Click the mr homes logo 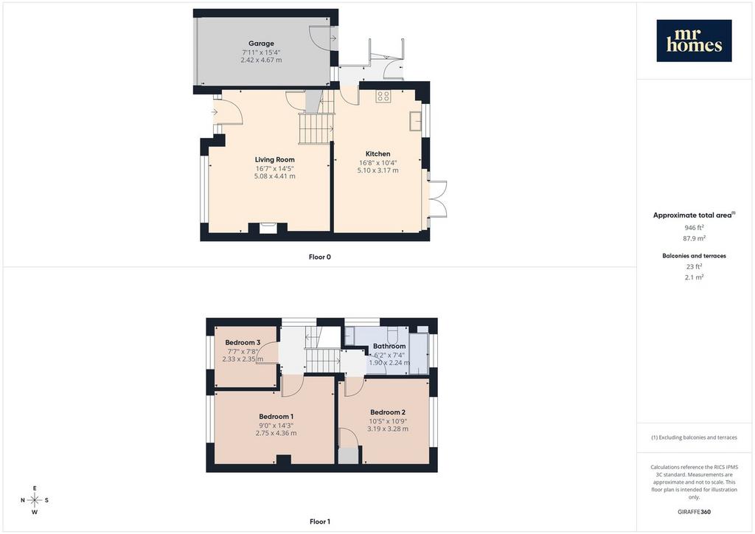[x=694, y=41]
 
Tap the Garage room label [x=262, y=44]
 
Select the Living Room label [x=274, y=159]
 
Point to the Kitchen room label [x=378, y=153]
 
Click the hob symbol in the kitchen [x=383, y=96]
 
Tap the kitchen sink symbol [x=415, y=122]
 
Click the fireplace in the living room [x=268, y=228]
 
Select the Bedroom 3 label [x=243, y=342]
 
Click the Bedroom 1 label [x=276, y=417]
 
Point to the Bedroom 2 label [x=388, y=412]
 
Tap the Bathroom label [x=389, y=346]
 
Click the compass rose [x=35, y=500]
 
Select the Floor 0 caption [x=320, y=257]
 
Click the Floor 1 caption [x=320, y=521]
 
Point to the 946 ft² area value [x=694, y=227]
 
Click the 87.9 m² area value [x=694, y=238]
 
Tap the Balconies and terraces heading [x=694, y=256]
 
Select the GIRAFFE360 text [x=694, y=512]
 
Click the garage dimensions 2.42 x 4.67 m [x=262, y=60]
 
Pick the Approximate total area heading [x=694, y=215]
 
